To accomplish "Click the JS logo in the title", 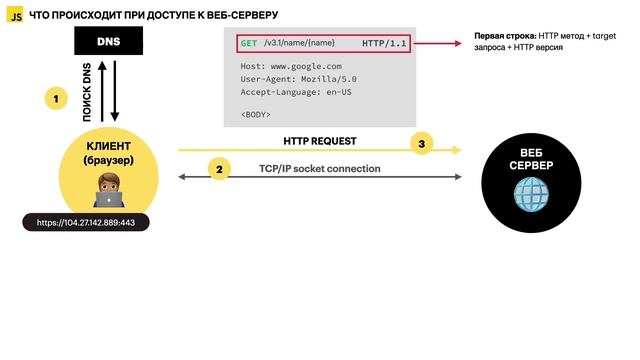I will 15,15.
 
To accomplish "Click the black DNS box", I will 108,41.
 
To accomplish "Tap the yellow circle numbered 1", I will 56,98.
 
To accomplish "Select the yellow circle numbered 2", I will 219,169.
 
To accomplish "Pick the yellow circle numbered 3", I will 421,144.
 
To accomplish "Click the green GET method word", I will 249,45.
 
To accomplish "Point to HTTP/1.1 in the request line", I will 384,45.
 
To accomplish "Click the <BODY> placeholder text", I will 255,114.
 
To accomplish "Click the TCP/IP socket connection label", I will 319,168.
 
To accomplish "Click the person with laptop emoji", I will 107,187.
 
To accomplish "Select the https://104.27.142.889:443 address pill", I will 86,222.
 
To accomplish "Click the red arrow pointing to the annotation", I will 440,45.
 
